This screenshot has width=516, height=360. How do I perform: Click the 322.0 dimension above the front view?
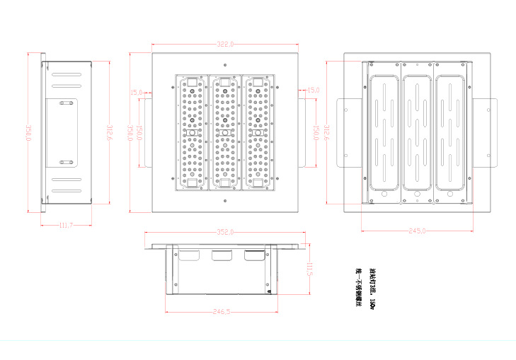(x=224, y=45)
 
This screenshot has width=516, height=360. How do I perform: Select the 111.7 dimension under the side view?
(x=66, y=225)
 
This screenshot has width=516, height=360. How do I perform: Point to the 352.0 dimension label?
(x=224, y=231)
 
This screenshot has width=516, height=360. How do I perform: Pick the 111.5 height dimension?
(x=309, y=271)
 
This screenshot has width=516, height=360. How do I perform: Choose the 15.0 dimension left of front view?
(x=137, y=92)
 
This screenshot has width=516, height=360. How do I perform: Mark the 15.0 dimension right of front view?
(x=313, y=91)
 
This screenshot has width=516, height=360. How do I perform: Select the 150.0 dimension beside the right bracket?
(x=314, y=132)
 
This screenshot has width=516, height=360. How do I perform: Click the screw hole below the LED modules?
(x=224, y=201)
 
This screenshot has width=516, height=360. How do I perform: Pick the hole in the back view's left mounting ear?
(x=347, y=108)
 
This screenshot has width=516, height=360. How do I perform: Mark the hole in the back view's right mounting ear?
(x=488, y=108)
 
